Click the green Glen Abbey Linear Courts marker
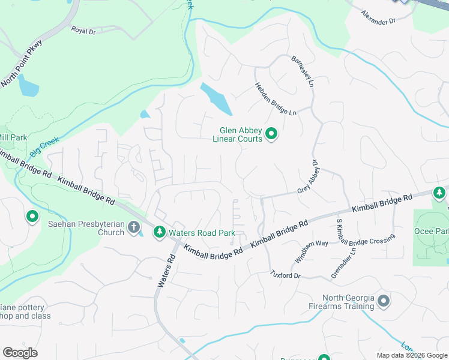tap(271, 134)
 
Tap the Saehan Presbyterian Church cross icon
tap(134, 228)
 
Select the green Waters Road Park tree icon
tap(160, 232)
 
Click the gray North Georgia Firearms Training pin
tap(384, 301)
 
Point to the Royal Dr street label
tap(83, 29)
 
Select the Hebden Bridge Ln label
tap(276, 99)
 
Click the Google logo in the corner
tap(20, 353)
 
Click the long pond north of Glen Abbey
tap(216, 98)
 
